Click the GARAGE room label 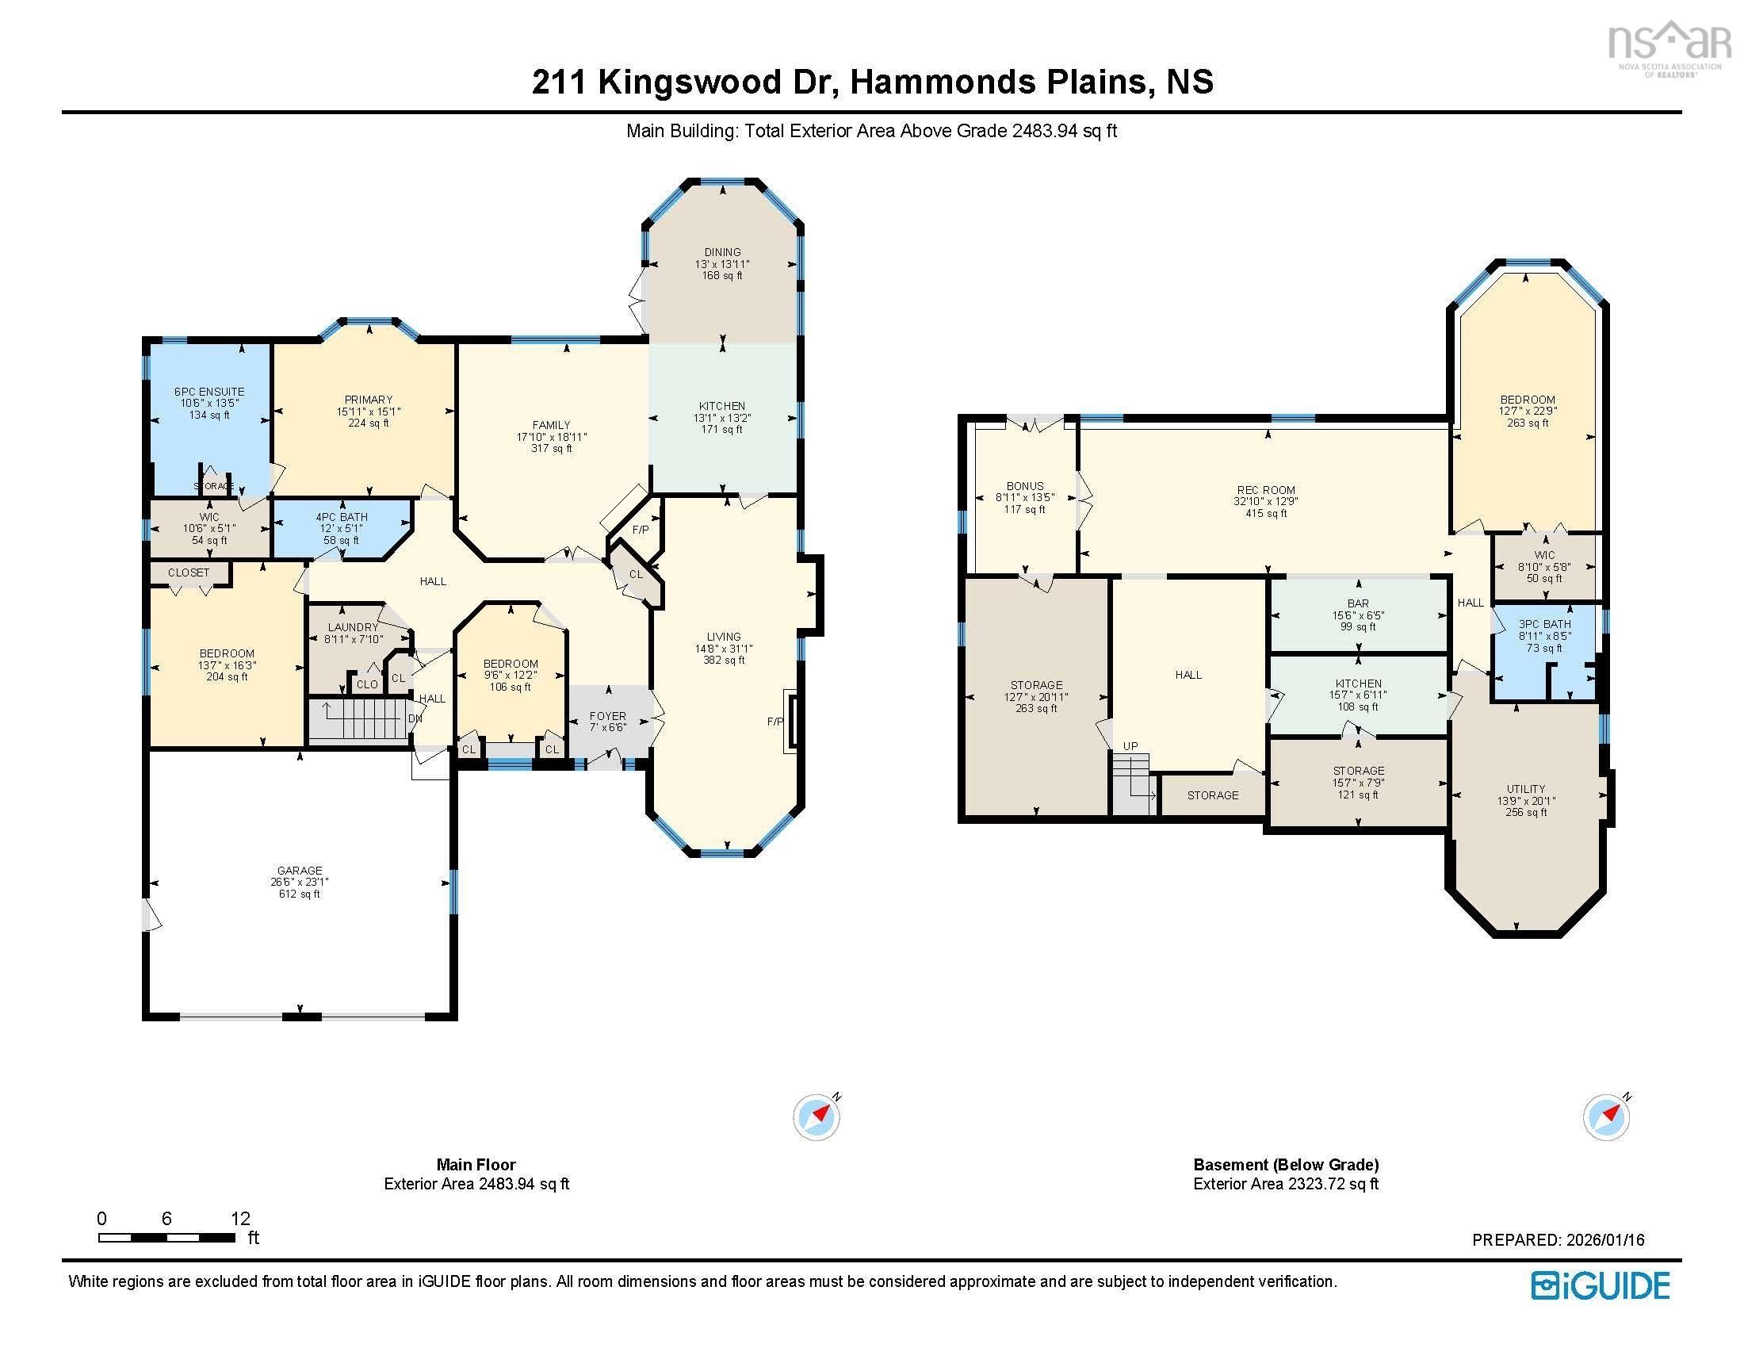click(x=300, y=871)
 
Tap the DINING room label click(x=722, y=252)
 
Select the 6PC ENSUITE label click(x=209, y=391)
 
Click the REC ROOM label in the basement click(x=1266, y=490)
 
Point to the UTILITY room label click(x=1526, y=788)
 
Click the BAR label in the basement click(x=1357, y=603)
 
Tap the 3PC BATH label click(x=1544, y=625)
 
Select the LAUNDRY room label click(x=353, y=628)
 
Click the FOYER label click(x=608, y=716)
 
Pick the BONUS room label click(x=1024, y=485)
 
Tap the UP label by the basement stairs click(x=1130, y=746)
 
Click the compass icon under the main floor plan click(x=815, y=1116)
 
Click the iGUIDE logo click(x=1600, y=1285)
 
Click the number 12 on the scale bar click(x=240, y=1219)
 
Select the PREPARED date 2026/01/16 click(x=1604, y=1240)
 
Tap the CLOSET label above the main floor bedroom click(x=189, y=573)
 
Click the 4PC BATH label click(x=342, y=518)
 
